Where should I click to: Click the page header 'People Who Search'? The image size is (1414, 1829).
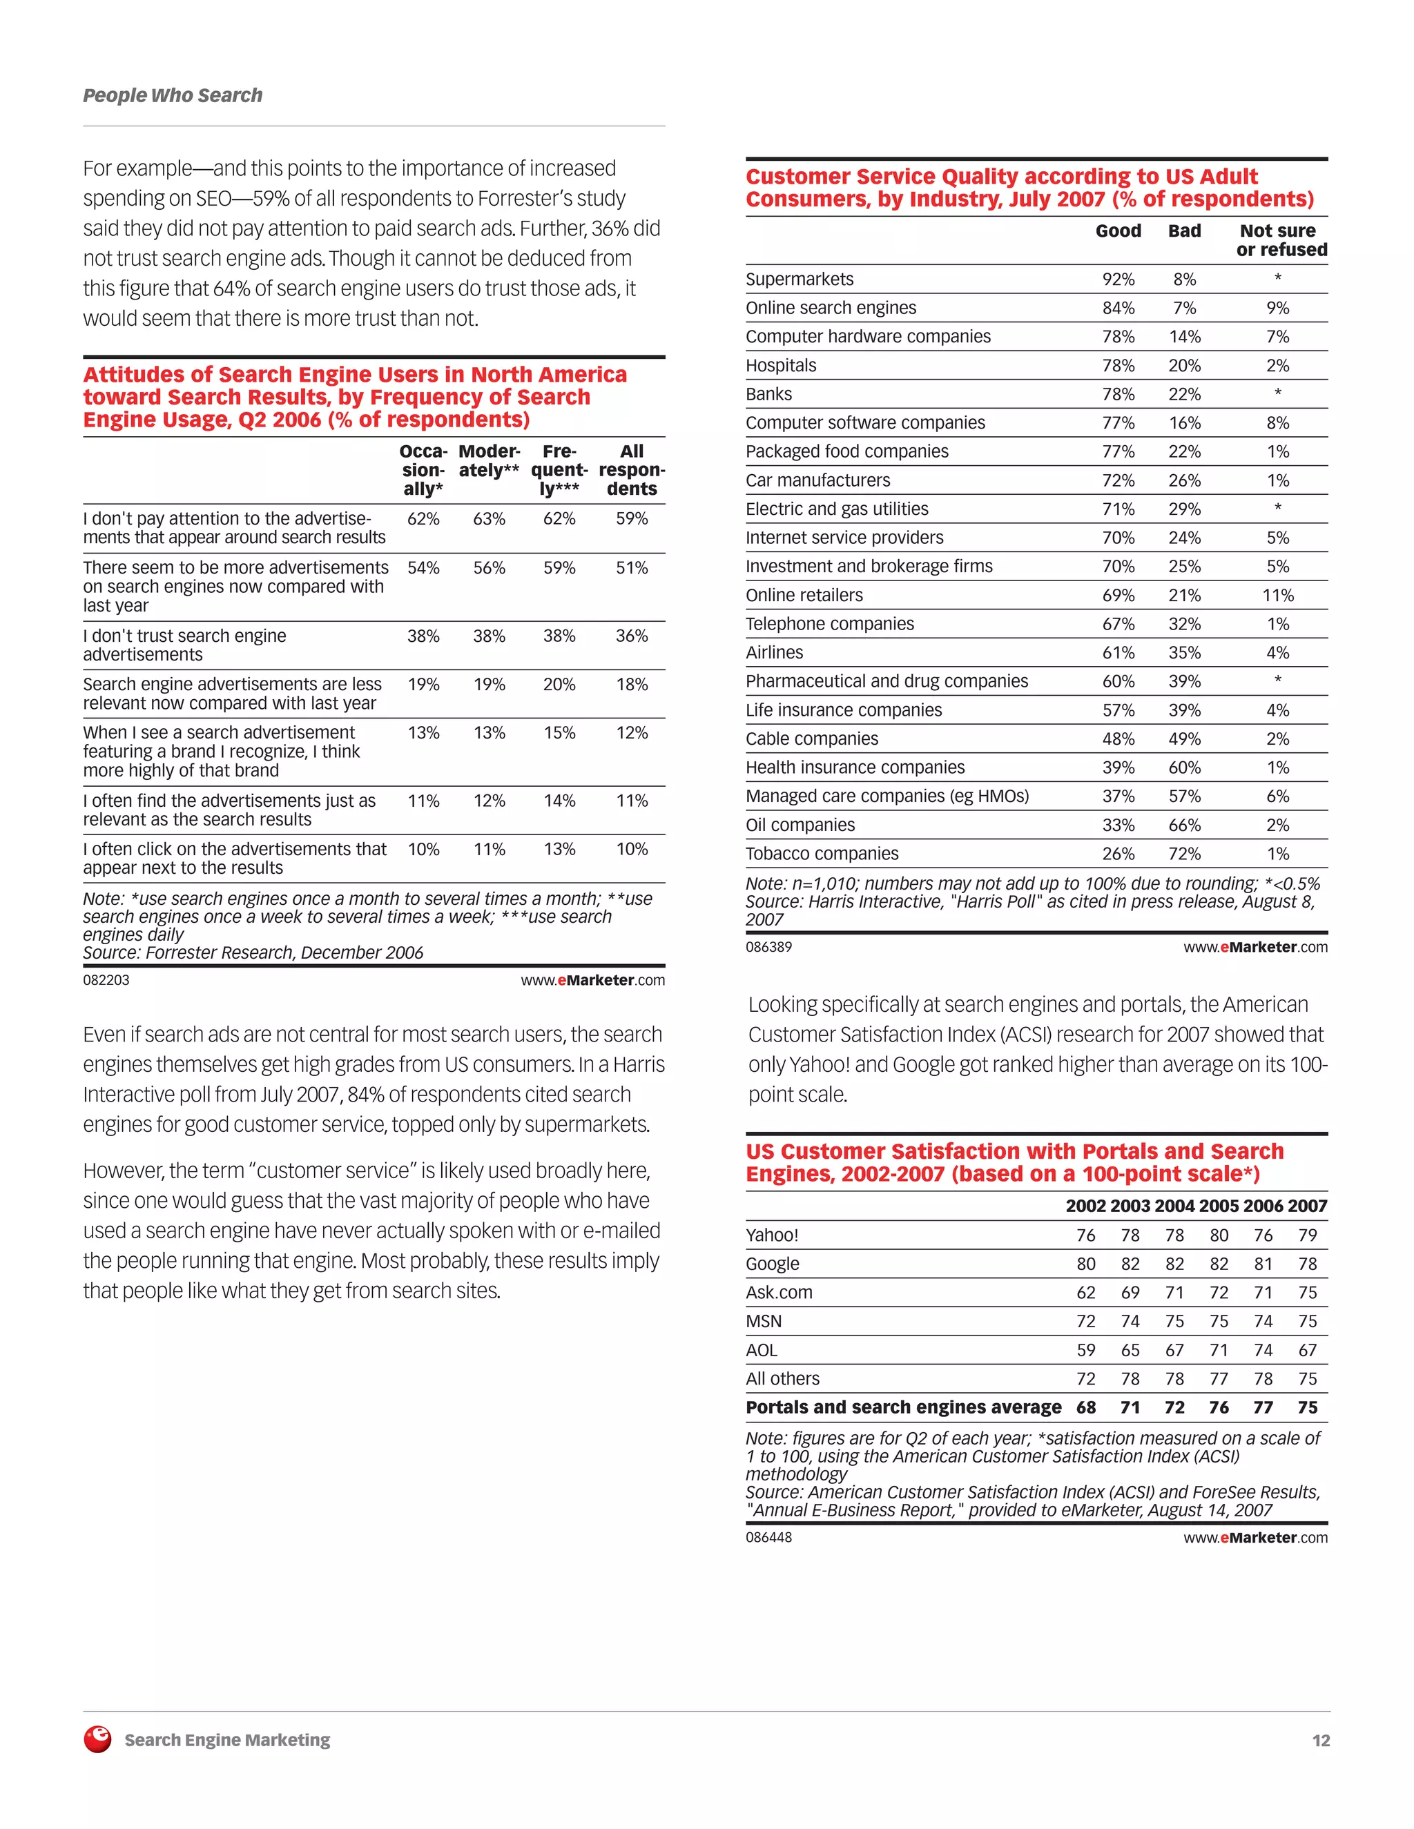click(173, 95)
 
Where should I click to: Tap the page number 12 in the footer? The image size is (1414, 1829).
click(1320, 1740)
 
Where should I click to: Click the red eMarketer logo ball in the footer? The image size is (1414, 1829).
click(98, 1739)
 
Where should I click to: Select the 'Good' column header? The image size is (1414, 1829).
click(1118, 231)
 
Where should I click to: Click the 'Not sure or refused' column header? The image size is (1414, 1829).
click(1280, 240)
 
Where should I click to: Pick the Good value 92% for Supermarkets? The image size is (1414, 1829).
click(1118, 280)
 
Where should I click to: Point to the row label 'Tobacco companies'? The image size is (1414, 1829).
click(822, 853)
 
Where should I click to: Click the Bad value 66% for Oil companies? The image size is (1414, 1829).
click(1185, 825)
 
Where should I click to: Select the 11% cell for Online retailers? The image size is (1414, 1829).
click(1277, 596)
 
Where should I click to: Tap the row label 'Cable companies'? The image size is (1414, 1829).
click(812, 739)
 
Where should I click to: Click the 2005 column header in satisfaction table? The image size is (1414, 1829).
click(1219, 1206)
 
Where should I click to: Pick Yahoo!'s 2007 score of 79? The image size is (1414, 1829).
click(1307, 1235)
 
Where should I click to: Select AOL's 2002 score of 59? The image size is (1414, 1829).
click(1085, 1350)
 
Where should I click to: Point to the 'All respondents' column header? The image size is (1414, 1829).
click(632, 470)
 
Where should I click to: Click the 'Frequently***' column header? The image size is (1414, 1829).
click(559, 470)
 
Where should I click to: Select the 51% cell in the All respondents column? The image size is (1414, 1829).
click(632, 568)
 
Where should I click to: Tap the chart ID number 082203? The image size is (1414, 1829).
click(106, 980)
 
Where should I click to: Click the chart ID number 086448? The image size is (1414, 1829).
click(768, 1537)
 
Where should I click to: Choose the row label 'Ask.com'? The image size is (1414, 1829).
click(779, 1292)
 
